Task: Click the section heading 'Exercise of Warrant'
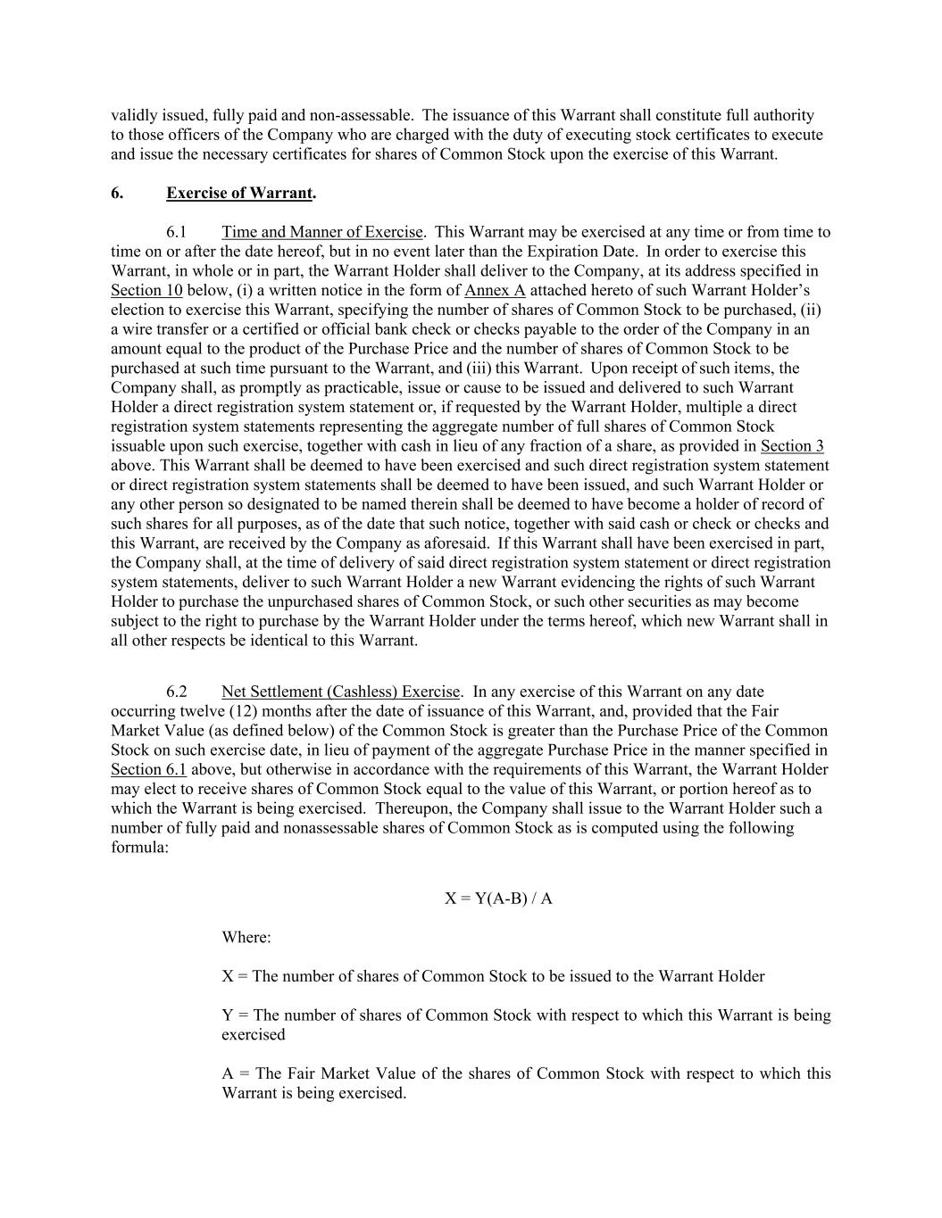(239, 193)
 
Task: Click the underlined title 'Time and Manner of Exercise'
(321, 232)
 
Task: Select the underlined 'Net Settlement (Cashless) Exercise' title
(340, 692)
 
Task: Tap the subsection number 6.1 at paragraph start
(176, 232)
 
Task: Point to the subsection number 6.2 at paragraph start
(176, 692)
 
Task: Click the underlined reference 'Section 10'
(146, 291)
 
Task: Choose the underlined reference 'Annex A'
(495, 291)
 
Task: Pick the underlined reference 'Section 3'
(791, 446)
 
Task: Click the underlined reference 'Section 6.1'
(148, 770)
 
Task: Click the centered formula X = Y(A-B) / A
(498, 899)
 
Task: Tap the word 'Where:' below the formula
(246, 938)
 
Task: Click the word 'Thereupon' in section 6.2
(412, 808)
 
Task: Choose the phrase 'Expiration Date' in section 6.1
(582, 252)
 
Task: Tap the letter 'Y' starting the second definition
(227, 1015)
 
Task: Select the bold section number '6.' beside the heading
(117, 193)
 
